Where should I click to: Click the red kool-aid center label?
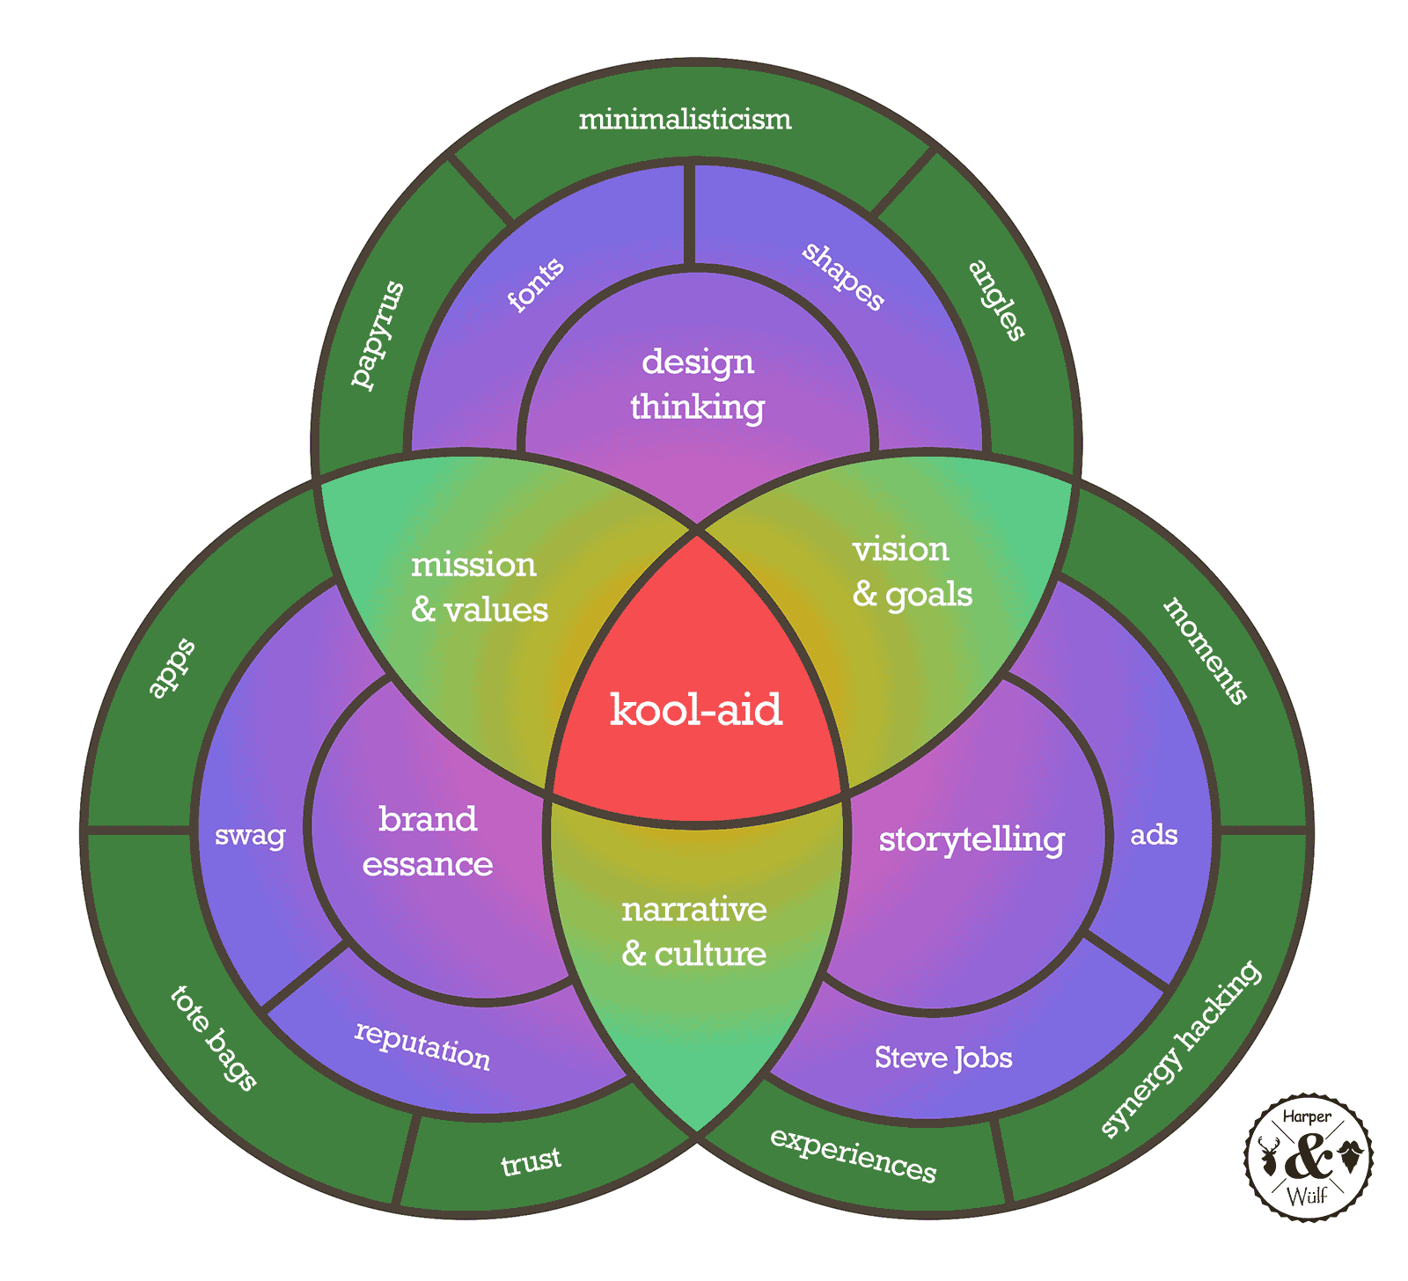(695, 709)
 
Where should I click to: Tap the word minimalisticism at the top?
(685, 119)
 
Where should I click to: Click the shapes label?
(843, 276)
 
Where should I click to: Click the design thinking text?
(697, 384)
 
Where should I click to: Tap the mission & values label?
(479, 587)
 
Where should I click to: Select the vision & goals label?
(912, 572)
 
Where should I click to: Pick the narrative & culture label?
(694, 931)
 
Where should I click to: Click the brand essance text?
(428, 841)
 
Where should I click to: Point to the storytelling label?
(972, 838)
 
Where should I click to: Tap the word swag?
(250, 834)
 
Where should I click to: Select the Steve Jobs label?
(943, 1057)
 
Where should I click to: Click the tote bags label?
(213, 1037)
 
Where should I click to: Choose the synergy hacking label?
(1180, 1048)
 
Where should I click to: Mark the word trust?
(531, 1161)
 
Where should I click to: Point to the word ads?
(1154, 834)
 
